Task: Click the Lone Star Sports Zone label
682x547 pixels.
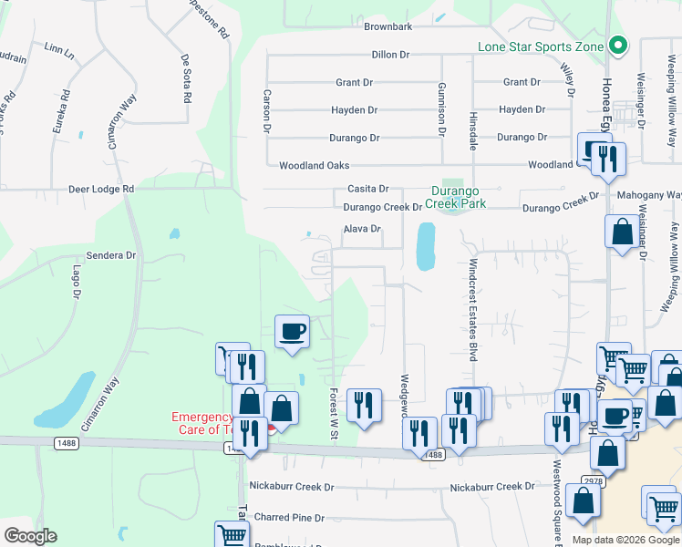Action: (x=542, y=46)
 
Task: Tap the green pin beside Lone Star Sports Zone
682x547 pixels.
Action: (x=619, y=45)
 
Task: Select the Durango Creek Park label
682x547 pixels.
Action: (x=459, y=198)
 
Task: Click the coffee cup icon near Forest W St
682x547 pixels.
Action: (x=293, y=332)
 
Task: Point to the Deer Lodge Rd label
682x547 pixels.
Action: (x=101, y=190)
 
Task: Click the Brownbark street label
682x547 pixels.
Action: (x=388, y=27)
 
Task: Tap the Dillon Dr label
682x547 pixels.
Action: (x=390, y=55)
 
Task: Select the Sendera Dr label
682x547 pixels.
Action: (x=110, y=256)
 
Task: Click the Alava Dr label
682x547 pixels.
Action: (x=362, y=229)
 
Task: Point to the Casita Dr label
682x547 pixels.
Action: (x=367, y=189)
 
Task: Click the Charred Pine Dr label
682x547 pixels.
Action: (x=289, y=518)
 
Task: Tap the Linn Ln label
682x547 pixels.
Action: (x=58, y=51)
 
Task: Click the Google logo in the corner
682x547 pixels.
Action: (x=30, y=536)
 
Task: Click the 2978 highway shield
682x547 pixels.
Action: (x=594, y=480)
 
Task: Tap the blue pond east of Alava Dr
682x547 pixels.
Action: (x=425, y=246)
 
